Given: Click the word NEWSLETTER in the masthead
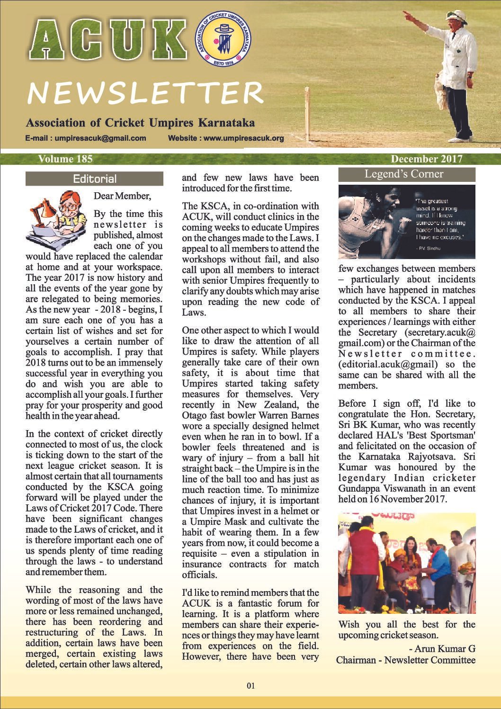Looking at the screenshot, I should pyautogui.click(x=144, y=93).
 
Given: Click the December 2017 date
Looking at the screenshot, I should pyautogui.click(x=426, y=159).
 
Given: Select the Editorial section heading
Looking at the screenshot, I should pyautogui.click(x=94, y=179).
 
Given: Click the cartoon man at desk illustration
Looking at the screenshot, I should pyautogui.click(x=57, y=218).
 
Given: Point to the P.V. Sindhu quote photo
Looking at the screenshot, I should pyautogui.click(x=406, y=222).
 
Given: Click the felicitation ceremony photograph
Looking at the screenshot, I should pyautogui.click(x=406, y=564).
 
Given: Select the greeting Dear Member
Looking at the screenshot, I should pyautogui.click(x=123, y=196).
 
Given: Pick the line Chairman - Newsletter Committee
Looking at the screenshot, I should pyautogui.click(x=405, y=660).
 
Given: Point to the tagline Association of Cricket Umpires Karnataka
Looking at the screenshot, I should pyautogui.click(x=140, y=123).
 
